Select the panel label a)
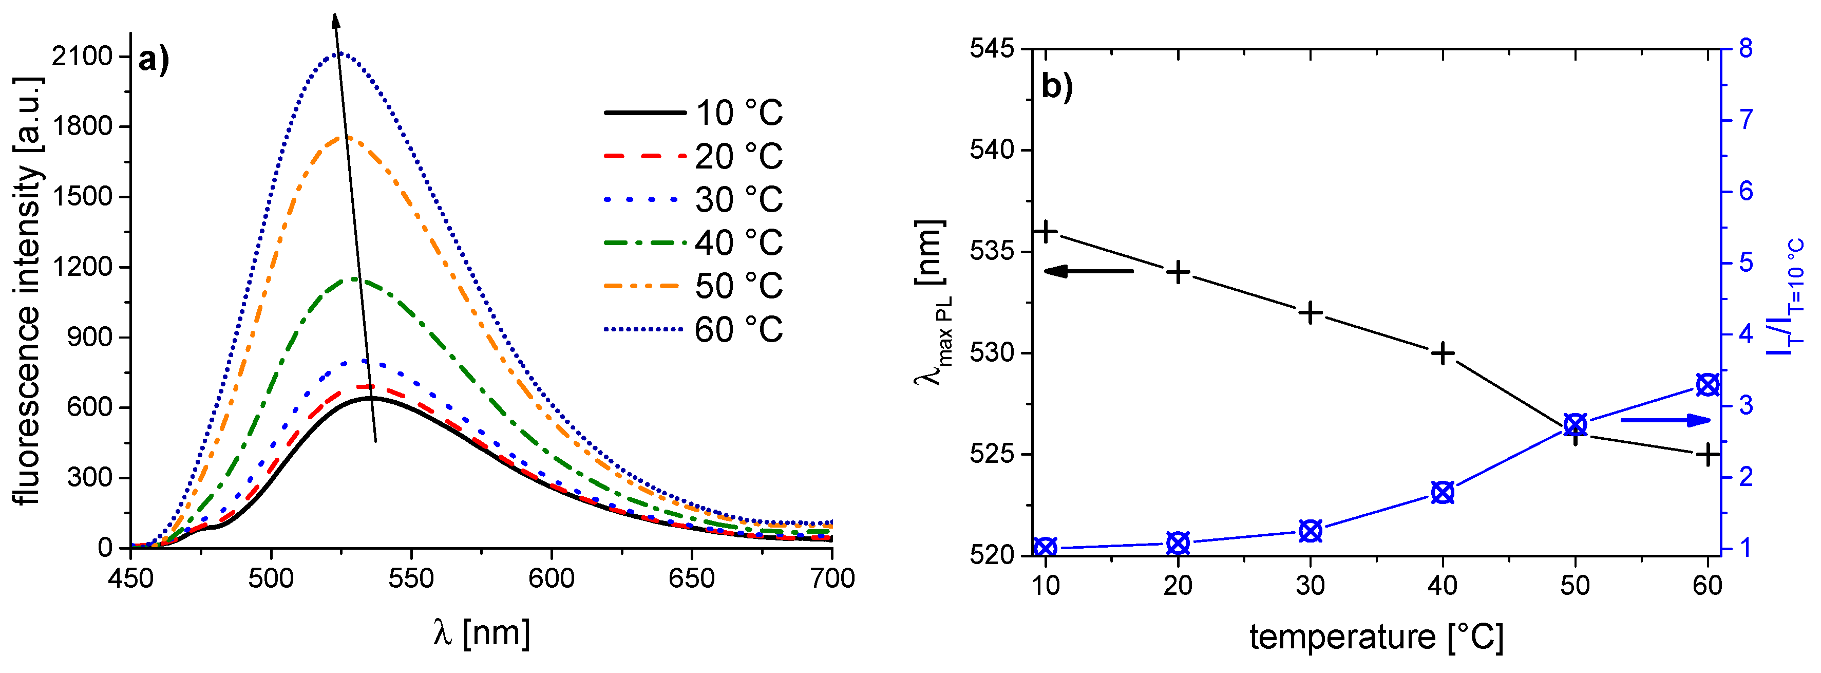tap(154, 60)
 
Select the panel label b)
tap(1057, 87)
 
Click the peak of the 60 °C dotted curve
tap(340, 53)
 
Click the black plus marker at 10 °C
tap(1046, 231)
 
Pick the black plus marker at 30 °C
tap(1311, 312)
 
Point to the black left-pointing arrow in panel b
tap(1089, 271)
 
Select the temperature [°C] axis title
tap(1376, 637)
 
